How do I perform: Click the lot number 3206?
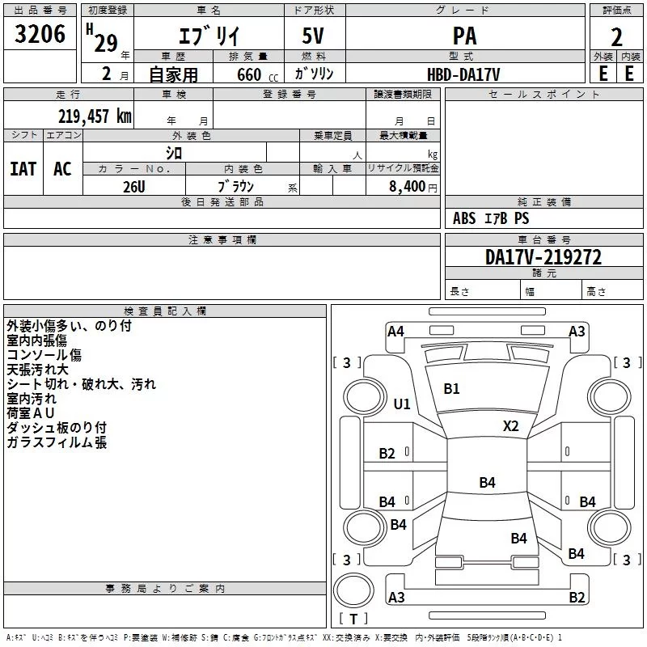(x=40, y=34)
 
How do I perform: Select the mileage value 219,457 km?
(x=95, y=116)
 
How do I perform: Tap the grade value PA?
(x=464, y=36)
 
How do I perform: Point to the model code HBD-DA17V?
(x=463, y=74)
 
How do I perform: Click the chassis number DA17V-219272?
(x=543, y=257)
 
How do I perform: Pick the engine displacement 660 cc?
(x=257, y=74)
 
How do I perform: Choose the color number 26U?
(x=134, y=187)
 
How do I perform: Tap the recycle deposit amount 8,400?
(x=407, y=187)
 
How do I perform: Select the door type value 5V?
(x=313, y=36)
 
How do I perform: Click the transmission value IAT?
(x=23, y=169)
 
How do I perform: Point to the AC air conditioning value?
(x=62, y=169)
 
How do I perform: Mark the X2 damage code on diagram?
(x=510, y=425)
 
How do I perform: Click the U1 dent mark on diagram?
(x=402, y=404)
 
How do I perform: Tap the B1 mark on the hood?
(x=451, y=389)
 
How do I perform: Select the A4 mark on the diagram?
(x=395, y=332)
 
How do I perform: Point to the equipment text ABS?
(x=464, y=218)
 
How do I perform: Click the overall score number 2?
(x=616, y=37)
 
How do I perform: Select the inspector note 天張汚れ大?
(x=37, y=370)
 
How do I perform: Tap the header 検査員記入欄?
(x=165, y=311)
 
